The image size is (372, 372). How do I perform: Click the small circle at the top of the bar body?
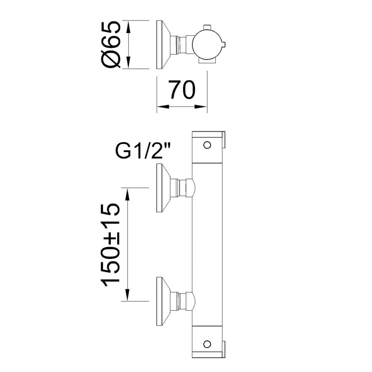point(207,145)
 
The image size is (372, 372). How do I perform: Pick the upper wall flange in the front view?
point(163,188)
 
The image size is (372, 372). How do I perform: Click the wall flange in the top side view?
point(163,44)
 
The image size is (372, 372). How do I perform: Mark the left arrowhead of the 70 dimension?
point(163,107)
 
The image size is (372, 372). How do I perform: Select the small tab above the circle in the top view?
point(207,27)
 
